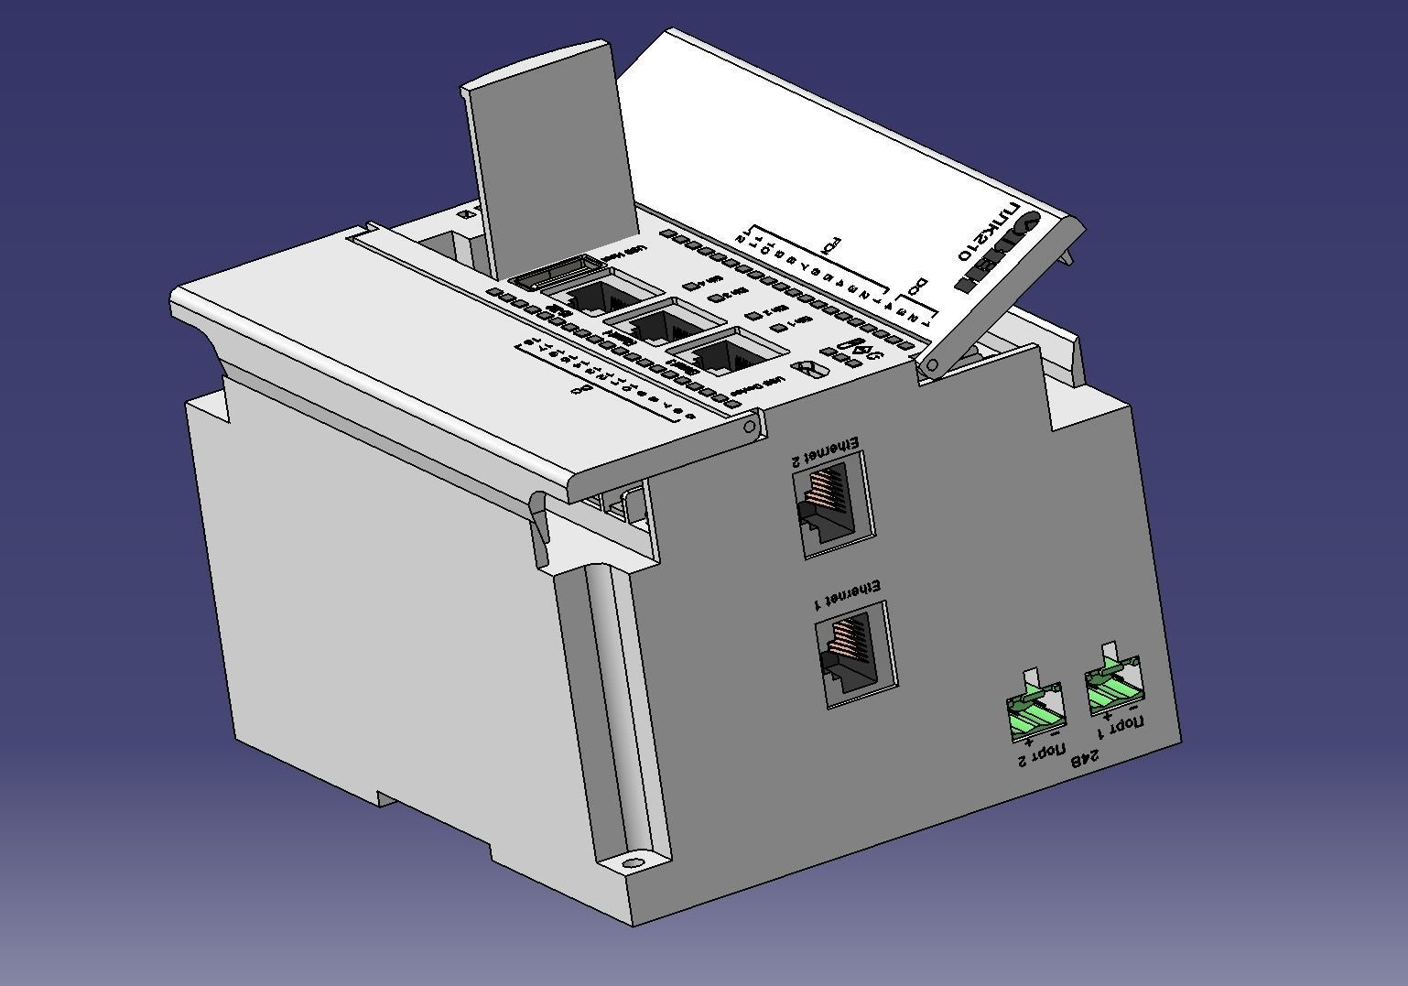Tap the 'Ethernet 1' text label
tap(847, 594)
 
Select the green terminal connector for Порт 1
tap(1113, 688)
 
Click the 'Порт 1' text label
tap(1121, 727)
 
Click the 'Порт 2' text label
tap(1043, 756)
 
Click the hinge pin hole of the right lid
tap(933, 366)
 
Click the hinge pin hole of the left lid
tap(751, 427)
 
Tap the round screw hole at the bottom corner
tap(631, 862)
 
